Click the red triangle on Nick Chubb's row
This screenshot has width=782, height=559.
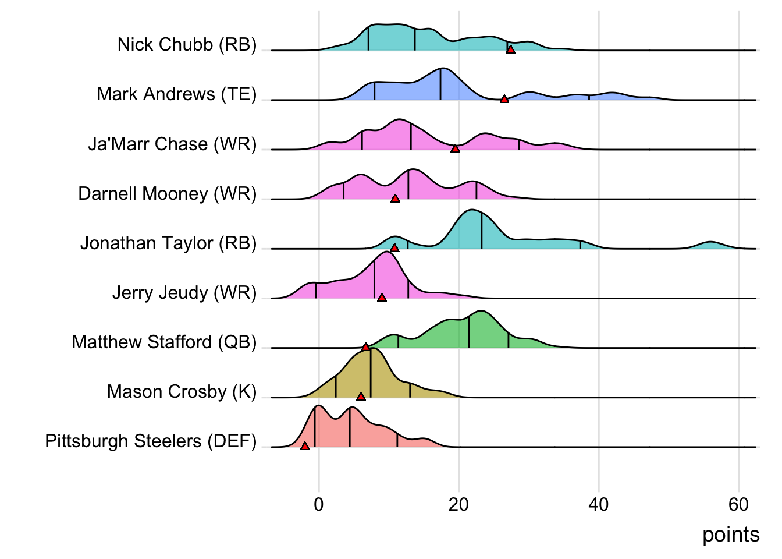point(510,50)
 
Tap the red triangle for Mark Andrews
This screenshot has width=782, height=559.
point(504,100)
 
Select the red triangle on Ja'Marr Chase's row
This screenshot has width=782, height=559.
point(456,149)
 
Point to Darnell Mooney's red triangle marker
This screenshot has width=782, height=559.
point(395,199)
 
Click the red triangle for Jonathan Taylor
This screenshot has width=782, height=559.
point(394,248)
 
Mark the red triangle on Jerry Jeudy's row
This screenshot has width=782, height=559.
point(382,298)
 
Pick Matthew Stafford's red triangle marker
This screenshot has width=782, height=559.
point(365,347)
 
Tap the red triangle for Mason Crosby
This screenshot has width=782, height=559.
point(361,397)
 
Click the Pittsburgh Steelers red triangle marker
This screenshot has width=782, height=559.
point(305,446)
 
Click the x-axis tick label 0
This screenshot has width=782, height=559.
point(318,504)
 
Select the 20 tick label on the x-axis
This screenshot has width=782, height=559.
point(458,504)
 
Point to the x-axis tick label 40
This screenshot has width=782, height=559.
point(599,504)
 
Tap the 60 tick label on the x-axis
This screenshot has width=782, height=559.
point(738,504)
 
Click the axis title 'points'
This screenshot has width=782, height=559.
point(731,535)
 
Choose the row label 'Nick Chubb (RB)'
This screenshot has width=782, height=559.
point(187,44)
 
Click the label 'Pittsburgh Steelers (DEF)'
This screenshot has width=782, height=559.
point(151,441)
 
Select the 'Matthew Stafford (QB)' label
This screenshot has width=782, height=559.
point(164,342)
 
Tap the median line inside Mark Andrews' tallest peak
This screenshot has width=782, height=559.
point(440,84)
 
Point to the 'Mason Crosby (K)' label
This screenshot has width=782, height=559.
point(182,391)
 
